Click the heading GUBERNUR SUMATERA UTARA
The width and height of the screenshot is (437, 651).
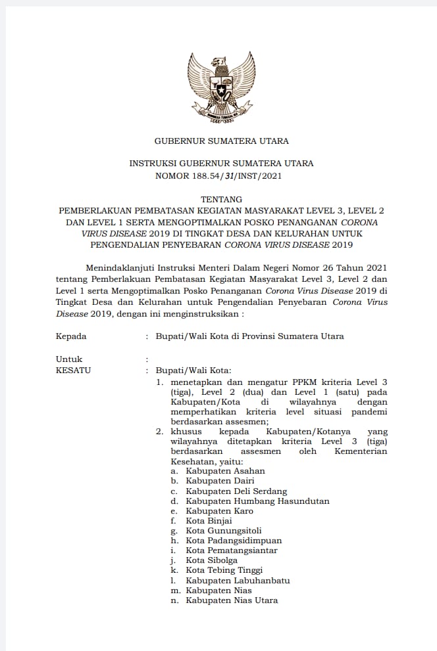click(x=221, y=141)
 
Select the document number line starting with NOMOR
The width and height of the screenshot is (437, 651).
click(x=221, y=175)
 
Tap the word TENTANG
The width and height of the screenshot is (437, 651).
click(x=221, y=199)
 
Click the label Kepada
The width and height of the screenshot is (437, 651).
click(x=71, y=336)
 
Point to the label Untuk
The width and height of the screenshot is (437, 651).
click(x=69, y=359)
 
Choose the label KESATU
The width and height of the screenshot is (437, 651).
click(x=74, y=370)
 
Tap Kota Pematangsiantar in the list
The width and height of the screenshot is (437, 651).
click(x=232, y=550)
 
